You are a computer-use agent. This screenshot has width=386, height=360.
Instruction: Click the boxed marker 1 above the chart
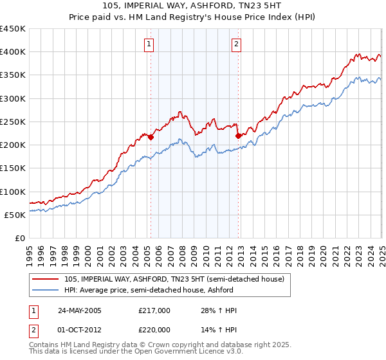[149, 44]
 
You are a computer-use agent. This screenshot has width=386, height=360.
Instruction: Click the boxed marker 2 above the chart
[237, 44]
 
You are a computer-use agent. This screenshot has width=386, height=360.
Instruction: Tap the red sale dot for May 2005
[151, 137]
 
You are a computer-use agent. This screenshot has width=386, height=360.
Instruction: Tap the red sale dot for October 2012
[238, 136]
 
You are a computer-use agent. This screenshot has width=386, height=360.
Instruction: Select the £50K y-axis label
[16, 215]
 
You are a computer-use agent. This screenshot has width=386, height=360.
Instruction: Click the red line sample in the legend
[46, 279]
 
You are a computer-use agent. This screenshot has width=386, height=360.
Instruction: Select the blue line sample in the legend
[46, 290]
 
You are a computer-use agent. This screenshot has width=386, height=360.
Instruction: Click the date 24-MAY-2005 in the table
[80, 310]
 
